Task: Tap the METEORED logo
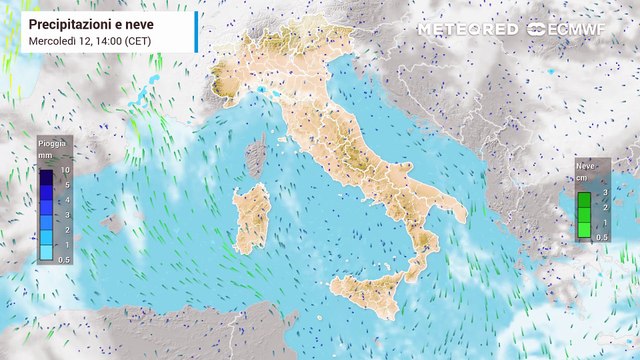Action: pos(468,29)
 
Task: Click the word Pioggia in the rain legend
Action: pos(52,144)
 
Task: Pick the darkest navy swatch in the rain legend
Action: pos(46,178)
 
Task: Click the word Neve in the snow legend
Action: pos(586,163)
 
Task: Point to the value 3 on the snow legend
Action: pos(605,191)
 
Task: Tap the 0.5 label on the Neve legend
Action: pos(603,236)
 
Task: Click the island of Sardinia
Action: pos(252,220)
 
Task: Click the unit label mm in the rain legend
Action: pos(46,156)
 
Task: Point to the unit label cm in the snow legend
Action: pos(581,176)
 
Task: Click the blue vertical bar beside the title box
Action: pos(196,31)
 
